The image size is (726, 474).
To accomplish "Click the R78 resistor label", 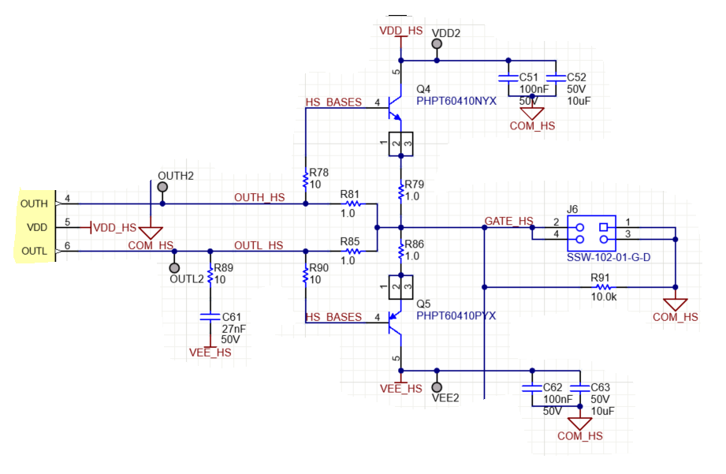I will tap(319, 172).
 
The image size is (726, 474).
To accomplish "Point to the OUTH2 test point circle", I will tap(162, 188).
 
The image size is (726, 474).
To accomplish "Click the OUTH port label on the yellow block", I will tap(33, 203).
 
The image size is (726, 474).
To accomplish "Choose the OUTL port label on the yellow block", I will tap(33, 252).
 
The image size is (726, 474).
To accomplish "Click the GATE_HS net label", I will tap(508, 222).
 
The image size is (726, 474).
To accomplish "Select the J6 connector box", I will tap(591, 229).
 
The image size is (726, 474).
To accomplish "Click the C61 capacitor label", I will tap(230, 315).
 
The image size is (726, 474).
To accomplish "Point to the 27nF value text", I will tap(233, 328).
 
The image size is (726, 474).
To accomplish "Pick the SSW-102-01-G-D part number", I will tap(608, 257).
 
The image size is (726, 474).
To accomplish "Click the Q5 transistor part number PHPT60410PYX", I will tap(456, 315).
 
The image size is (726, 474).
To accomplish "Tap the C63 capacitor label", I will tap(601, 387).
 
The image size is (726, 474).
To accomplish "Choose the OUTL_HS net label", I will tap(259, 246).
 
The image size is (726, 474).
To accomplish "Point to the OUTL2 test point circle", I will tap(175, 267).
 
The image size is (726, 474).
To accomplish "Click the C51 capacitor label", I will tap(528, 77).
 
